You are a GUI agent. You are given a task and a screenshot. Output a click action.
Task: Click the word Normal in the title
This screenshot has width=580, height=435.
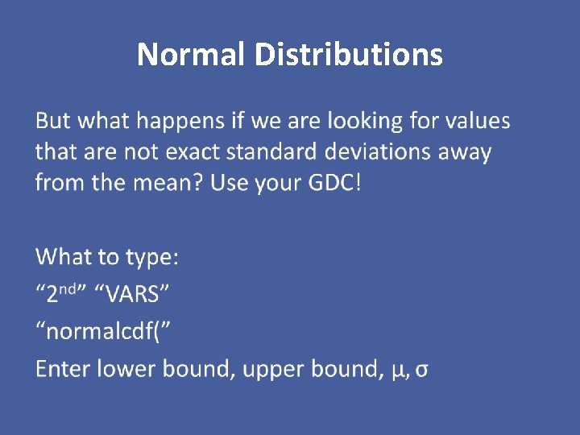click(192, 55)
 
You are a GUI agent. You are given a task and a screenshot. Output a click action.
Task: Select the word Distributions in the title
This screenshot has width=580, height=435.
click(348, 55)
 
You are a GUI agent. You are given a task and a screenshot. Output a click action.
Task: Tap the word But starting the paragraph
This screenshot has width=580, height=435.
click(53, 121)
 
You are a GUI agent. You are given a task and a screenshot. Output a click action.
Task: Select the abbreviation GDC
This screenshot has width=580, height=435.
click(333, 182)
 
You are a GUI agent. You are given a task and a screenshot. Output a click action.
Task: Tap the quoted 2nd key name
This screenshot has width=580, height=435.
click(61, 294)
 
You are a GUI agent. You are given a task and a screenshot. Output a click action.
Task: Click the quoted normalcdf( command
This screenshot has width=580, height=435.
click(104, 331)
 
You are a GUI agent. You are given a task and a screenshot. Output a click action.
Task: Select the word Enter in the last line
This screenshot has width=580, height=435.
click(63, 369)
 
